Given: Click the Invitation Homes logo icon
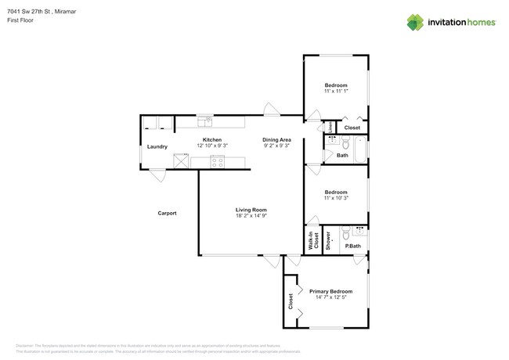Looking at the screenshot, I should [414, 23].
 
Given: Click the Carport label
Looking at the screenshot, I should [167, 213].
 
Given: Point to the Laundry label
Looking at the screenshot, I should [157, 146].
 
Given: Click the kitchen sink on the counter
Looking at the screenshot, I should [206, 122].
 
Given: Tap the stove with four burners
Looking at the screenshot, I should [218, 162].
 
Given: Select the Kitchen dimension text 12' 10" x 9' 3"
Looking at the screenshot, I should [212, 146].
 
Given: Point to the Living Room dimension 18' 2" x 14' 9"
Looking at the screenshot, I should [252, 215].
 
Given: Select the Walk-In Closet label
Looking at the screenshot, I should [312, 240].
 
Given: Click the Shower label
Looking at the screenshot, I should [329, 241].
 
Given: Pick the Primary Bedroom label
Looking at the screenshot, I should [330, 291].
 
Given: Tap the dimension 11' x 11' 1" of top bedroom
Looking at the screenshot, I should [336, 92].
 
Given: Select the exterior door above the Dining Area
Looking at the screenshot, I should [271, 110].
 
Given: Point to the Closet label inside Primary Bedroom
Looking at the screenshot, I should [291, 301].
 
